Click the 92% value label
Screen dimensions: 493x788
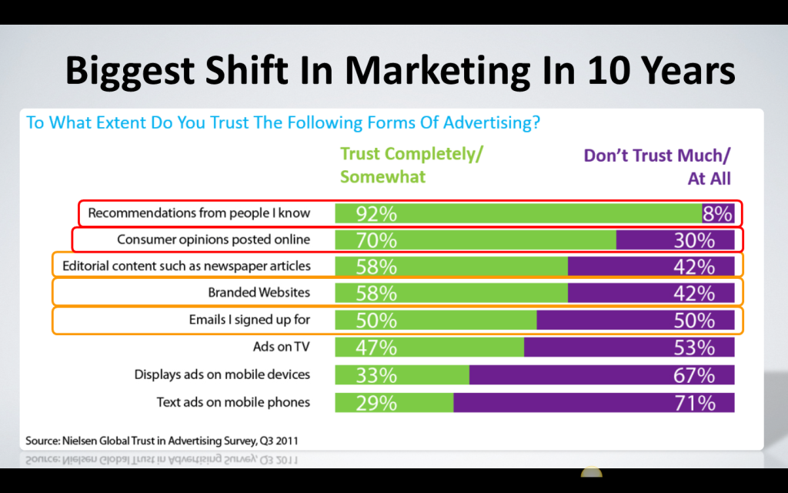click(x=376, y=213)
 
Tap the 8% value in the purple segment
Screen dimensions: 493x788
click(x=717, y=213)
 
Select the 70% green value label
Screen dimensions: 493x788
click(x=376, y=240)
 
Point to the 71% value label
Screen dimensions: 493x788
click(x=695, y=403)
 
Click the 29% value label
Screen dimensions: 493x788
click(x=376, y=403)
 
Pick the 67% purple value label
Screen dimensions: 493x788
click(x=695, y=376)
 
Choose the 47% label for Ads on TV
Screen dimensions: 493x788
click(x=376, y=348)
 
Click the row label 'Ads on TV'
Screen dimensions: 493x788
click(x=281, y=347)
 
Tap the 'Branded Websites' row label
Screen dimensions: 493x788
click(x=259, y=293)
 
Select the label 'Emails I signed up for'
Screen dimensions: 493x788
click(x=249, y=320)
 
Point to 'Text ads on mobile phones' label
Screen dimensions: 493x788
click(x=233, y=402)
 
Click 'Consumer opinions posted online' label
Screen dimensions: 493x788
click(x=213, y=240)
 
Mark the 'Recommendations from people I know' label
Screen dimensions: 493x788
click(x=199, y=213)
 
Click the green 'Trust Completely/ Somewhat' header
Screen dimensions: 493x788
click(x=411, y=165)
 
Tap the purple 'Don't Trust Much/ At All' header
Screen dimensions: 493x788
click(x=657, y=166)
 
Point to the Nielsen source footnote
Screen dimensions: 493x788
click(x=162, y=441)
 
